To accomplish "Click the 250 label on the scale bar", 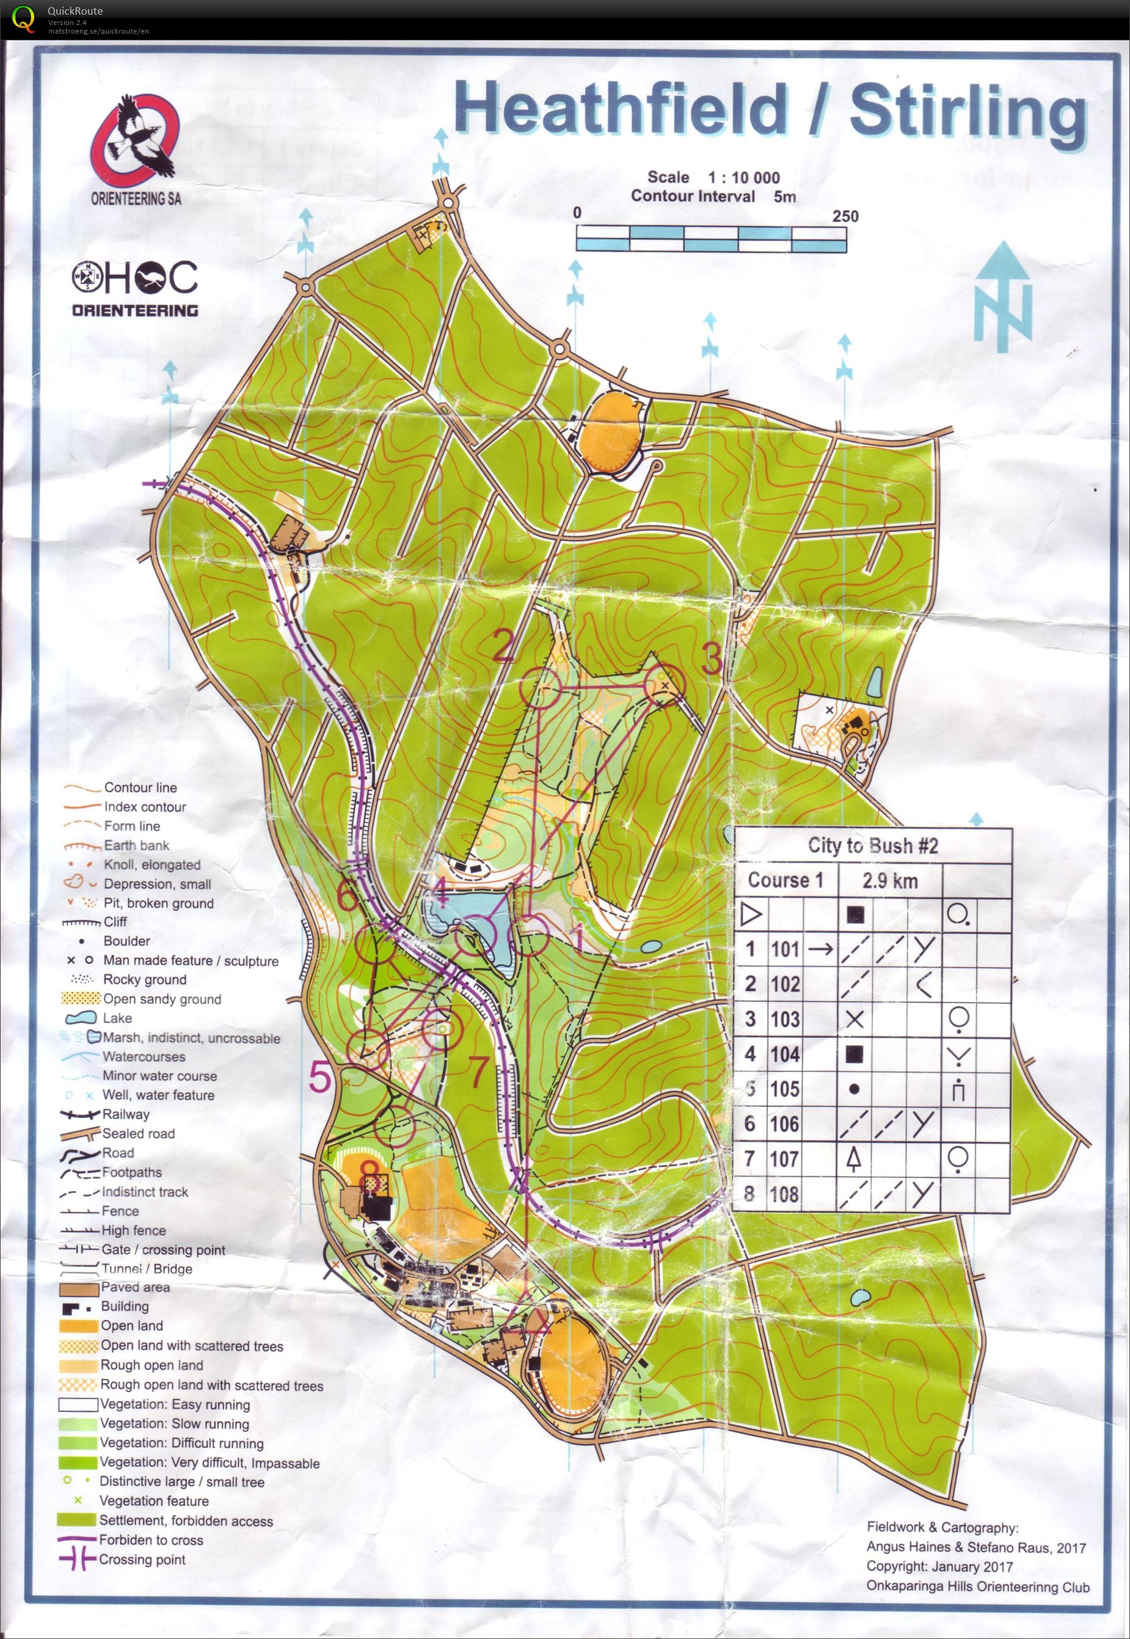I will point(845,216).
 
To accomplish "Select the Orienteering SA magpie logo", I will point(134,142).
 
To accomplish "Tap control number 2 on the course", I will point(503,646).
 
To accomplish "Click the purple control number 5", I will point(321,1078).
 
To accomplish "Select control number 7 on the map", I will point(479,1071).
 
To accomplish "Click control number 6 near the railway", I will point(348,896).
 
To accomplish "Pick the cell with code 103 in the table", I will point(784,1019).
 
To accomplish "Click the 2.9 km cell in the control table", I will point(889,880).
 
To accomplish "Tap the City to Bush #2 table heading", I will point(872,845).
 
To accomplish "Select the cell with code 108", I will point(784,1194).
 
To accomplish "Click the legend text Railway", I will point(126,1114).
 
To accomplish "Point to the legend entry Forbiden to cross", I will point(151,1540).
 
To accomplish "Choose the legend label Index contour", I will point(144,806).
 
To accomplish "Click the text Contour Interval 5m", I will point(713,196).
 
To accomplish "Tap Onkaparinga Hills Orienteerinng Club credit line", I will point(978,1587).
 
